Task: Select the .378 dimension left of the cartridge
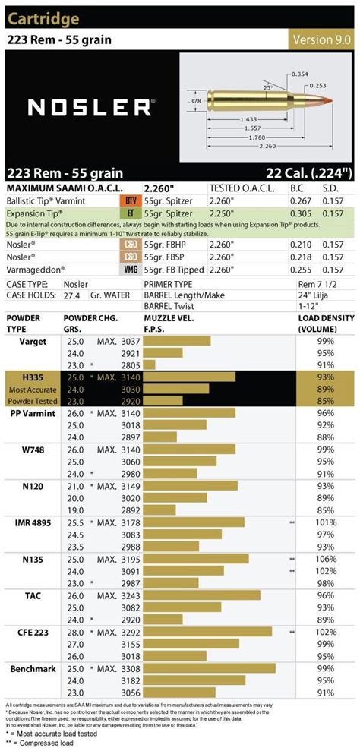[x=194, y=99]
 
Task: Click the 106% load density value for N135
[x=326, y=558]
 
